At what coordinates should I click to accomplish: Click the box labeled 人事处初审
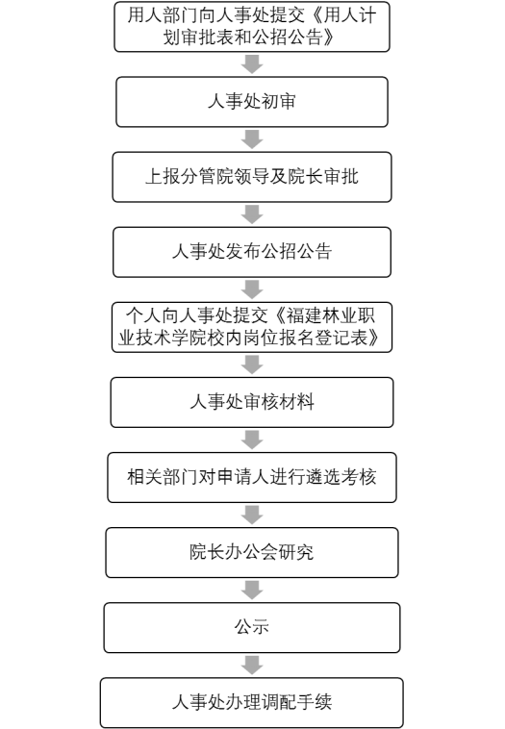252,102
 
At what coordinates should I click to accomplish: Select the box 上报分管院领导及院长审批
252,177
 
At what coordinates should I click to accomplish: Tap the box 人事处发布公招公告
252,252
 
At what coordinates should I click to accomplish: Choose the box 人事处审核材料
252,402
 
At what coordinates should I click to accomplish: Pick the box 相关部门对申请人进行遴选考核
252,477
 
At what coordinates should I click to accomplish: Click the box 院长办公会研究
252,552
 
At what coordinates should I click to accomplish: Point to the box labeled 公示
252,628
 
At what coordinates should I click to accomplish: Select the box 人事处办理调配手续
252,702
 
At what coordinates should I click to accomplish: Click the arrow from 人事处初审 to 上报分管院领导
252,139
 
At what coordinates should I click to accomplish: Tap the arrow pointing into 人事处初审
252,64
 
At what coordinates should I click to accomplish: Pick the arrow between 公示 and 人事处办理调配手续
252,666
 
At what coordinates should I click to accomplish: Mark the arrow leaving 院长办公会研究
252,590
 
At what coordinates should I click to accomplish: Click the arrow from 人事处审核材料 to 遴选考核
252,440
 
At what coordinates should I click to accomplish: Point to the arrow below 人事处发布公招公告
252,289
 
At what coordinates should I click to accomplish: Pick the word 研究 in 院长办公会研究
296,552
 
